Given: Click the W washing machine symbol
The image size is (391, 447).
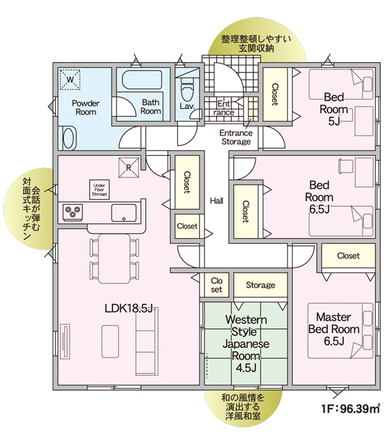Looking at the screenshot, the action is [x=70, y=79].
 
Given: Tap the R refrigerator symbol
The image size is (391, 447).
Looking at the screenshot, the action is [x=128, y=168].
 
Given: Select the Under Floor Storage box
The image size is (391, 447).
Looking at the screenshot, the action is [x=99, y=189].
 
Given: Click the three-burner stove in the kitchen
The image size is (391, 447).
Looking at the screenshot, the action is [x=73, y=212].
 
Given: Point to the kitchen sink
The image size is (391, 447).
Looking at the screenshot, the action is [x=124, y=212].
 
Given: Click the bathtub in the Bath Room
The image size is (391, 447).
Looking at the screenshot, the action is [x=142, y=80].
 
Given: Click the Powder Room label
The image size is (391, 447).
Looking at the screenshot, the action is [x=86, y=107].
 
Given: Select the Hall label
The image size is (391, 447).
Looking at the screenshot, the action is [x=216, y=201].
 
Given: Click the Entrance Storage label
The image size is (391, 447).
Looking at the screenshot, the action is [x=236, y=137].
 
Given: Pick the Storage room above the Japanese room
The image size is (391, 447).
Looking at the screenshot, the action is [x=260, y=285].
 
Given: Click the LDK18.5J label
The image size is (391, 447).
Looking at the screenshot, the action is [x=129, y=308].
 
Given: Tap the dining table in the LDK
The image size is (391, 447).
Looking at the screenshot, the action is [x=115, y=258].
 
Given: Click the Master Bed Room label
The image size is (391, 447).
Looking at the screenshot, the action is [x=334, y=329].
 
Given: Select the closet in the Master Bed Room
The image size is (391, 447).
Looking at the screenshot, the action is [x=348, y=256].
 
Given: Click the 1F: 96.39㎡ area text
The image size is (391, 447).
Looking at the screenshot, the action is [x=351, y=409].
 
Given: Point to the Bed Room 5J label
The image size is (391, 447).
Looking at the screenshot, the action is [x=334, y=109].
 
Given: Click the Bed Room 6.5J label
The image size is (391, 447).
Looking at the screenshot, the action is [x=319, y=197].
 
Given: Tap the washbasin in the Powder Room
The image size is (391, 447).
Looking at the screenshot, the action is [x=68, y=138].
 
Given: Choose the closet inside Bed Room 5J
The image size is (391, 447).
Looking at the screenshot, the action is [x=274, y=94].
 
